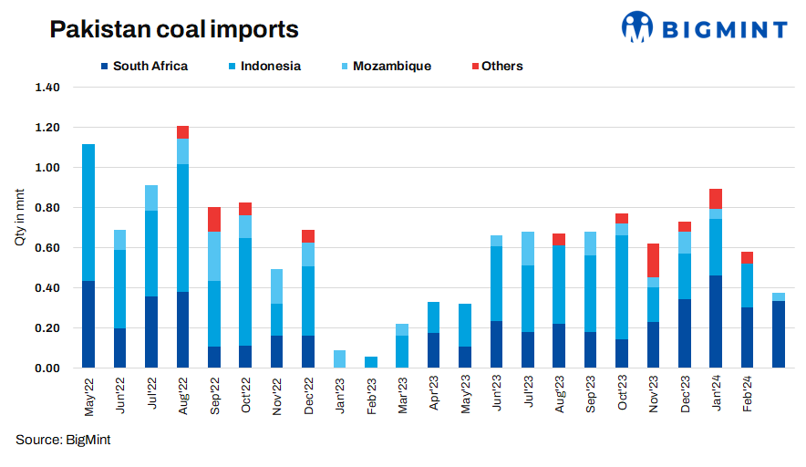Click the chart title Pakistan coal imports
[x=174, y=29]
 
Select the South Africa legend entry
[x=143, y=66]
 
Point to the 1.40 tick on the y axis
[x=46, y=88]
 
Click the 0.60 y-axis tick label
[x=46, y=248]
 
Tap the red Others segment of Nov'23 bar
[x=654, y=260]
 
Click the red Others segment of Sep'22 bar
[x=214, y=219]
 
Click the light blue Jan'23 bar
[x=340, y=358]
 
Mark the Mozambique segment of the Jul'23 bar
[x=528, y=248]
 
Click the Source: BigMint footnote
[x=63, y=441]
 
